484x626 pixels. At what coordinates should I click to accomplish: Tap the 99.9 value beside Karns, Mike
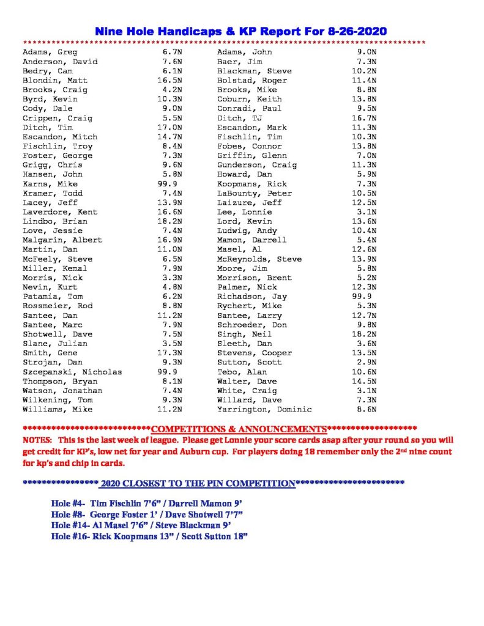[167, 184]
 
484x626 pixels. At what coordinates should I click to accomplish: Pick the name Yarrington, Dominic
[264, 410]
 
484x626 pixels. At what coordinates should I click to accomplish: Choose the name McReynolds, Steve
[259, 259]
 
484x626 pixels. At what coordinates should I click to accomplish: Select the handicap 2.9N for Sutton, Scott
[366, 363]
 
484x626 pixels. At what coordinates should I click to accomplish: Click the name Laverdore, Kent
[60, 212]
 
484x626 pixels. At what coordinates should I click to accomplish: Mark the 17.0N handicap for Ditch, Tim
[169, 128]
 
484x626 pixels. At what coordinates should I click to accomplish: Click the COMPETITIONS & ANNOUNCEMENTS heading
[239, 429]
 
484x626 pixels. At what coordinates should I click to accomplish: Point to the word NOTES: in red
[39, 440]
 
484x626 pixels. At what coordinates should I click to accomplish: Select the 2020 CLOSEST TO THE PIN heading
[198, 483]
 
